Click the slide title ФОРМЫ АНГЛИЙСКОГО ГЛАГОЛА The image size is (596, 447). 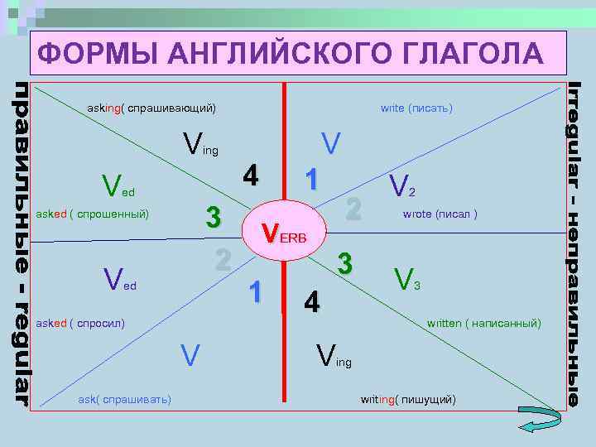(291, 55)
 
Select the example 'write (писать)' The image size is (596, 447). (416, 108)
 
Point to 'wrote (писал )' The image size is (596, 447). (440, 214)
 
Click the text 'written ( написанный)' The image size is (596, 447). (483, 322)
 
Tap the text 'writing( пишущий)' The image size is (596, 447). (408, 400)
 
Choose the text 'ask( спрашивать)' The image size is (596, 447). (124, 400)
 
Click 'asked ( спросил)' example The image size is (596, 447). (80, 322)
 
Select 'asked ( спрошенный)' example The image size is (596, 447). (92, 214)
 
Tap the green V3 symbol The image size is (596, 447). (408, 278)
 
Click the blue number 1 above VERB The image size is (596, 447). (311, 179)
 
